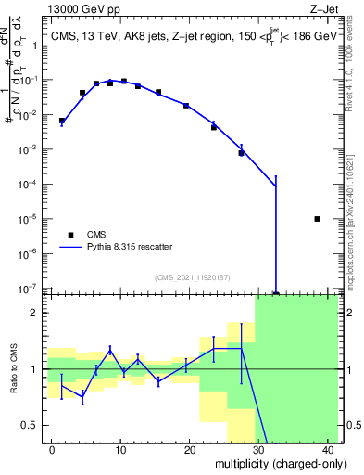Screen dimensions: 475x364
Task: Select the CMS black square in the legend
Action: [x=71, y=235]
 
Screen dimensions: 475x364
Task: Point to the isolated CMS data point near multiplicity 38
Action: [x=318, y=219]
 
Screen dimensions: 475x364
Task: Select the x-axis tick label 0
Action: [x=52, y=450]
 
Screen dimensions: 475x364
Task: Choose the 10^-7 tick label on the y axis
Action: [x=32, y=289]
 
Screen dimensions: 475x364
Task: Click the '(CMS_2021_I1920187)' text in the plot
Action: [x=191, y=277]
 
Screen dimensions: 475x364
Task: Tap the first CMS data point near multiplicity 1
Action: [x=62, y=121]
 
